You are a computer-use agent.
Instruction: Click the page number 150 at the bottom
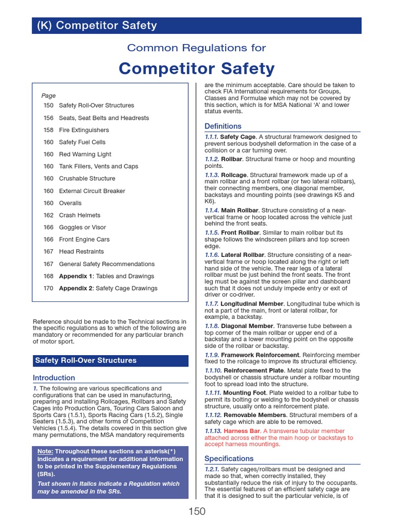pos(196,511)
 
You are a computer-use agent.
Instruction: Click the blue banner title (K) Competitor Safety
pos(97,26)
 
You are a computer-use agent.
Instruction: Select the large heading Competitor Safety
pos(196,68)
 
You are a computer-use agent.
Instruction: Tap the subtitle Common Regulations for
pos(196,48)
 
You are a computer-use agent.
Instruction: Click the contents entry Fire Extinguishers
pos(84,130)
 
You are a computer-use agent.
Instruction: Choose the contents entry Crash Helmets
pos(80,215)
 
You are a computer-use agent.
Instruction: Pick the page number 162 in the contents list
pos(49,215)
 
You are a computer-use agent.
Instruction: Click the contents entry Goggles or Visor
pos(82,227)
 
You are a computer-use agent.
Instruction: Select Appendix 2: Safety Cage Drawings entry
pos(108,288)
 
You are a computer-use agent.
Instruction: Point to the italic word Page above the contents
pos(49,96)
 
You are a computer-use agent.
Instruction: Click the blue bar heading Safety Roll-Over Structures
pos(86,360)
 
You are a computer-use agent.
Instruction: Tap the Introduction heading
pos(54,378)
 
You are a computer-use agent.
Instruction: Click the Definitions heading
pos(223,126)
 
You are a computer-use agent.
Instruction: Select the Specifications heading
pos(229,458)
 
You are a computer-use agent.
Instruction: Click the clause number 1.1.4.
pos(212,210)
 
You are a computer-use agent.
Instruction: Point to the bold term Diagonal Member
pos(248,326)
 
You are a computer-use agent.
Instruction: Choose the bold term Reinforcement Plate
pos(254,370)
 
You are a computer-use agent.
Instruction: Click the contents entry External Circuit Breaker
pos(92,191)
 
